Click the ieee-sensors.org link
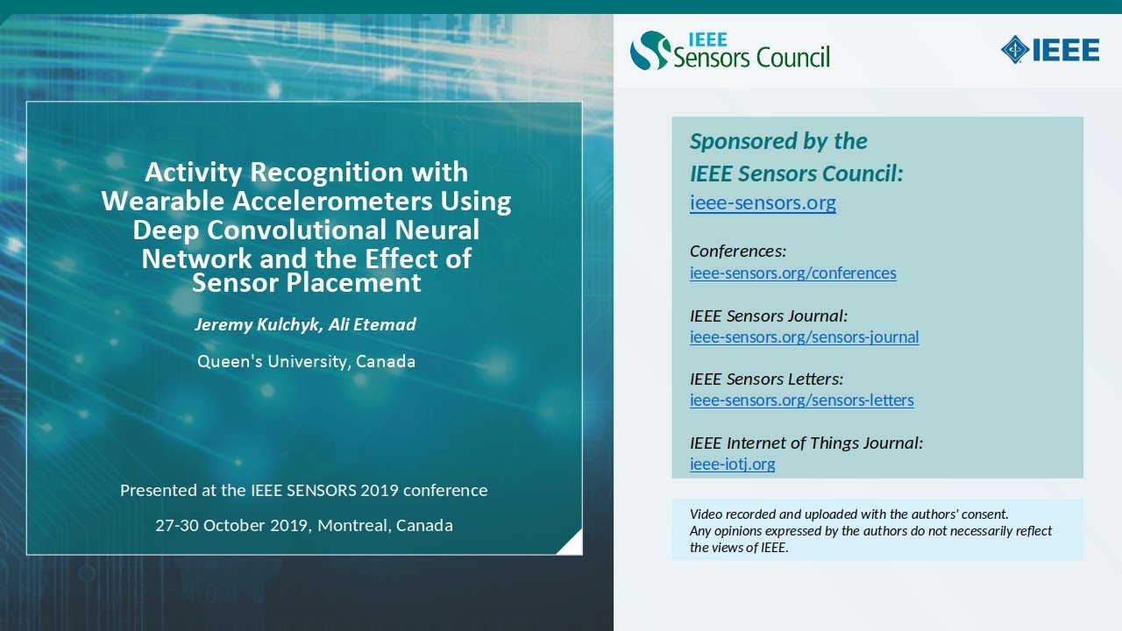763,203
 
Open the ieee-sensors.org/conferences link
792,273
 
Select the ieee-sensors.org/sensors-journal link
804,337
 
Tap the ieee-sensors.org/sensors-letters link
801,401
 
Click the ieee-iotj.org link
732,464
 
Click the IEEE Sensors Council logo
729,50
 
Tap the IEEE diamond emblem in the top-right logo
1015,50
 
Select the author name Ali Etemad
373,324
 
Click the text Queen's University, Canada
306,361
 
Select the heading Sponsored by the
778,141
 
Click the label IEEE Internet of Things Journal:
806,443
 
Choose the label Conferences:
737,252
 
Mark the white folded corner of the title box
571,543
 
